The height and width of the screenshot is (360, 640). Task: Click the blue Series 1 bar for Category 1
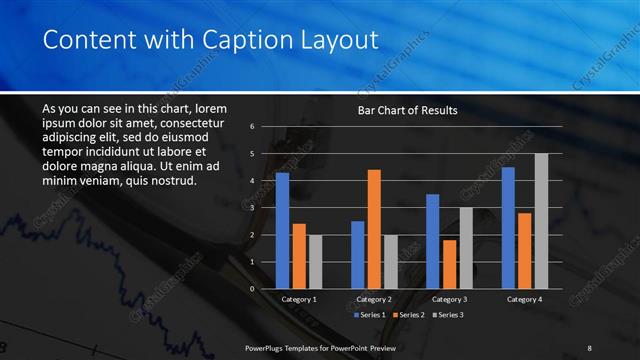coord(282,231)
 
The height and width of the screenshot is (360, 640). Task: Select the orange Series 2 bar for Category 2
coord(374,229)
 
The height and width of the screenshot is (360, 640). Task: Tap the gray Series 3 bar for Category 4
coord(541,221)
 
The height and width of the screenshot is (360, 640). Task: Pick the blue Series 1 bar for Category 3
coord(433,241)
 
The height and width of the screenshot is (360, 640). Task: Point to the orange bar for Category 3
coord(449,264)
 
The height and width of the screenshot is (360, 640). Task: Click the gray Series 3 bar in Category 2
coord(390,262)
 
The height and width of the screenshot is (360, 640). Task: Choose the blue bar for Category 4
coord(508,228)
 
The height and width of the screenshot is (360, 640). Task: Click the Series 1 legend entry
coord(372,315)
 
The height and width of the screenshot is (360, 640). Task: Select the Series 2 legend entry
coord(410,315)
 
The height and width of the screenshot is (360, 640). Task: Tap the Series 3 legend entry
coord(448,315)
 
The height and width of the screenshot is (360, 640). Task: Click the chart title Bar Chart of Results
coord(408,111)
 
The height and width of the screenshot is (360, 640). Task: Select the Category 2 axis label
coord(374,299)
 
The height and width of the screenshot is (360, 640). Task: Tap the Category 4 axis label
coord(524,299)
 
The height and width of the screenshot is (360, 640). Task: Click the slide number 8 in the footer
coord(589,347)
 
